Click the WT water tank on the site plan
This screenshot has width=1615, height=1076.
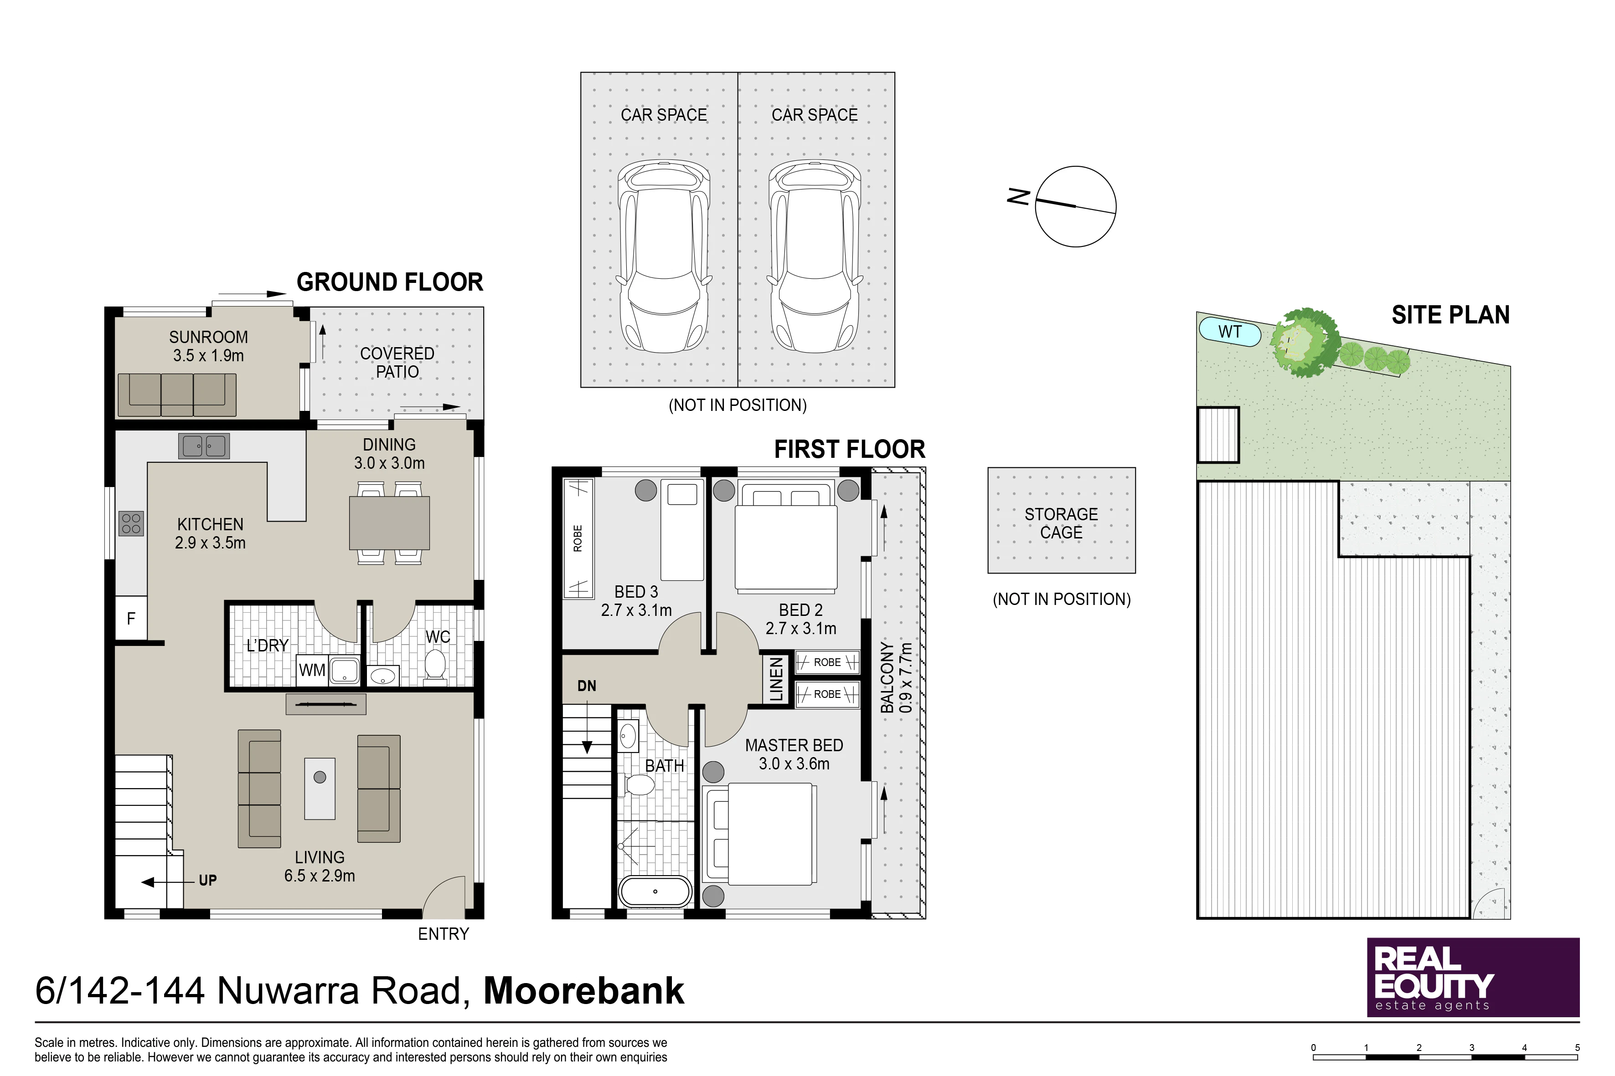point(1230,332)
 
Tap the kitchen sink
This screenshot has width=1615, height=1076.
point(204,446)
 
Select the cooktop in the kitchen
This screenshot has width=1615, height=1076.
point(131,523)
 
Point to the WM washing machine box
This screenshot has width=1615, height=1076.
point(312,671)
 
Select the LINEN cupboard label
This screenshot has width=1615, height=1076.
point(776,679)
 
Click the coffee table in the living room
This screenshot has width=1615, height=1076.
point(320,789)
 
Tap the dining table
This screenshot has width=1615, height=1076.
point(389,523)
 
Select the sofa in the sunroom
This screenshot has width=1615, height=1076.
point(177,395)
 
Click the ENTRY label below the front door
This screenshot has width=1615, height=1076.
point(444,934)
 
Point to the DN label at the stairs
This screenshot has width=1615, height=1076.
point(586,686)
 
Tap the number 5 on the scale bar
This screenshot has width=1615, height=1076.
point(1577,1048)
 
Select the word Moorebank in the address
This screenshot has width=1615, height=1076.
point(583,991)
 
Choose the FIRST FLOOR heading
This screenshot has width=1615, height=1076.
point(849,450)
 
